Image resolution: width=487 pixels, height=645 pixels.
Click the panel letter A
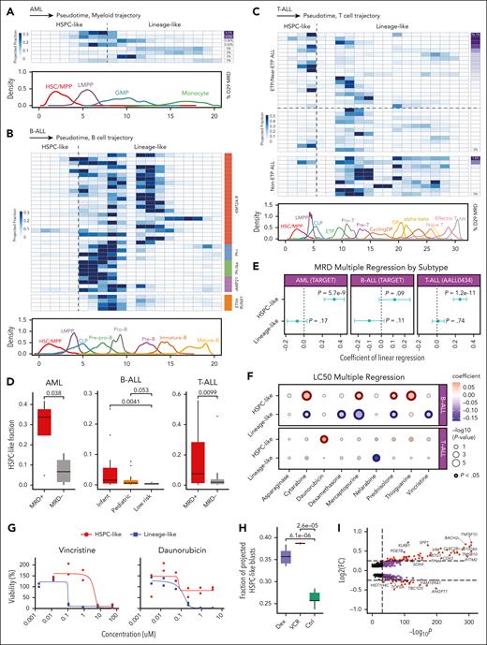6,6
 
